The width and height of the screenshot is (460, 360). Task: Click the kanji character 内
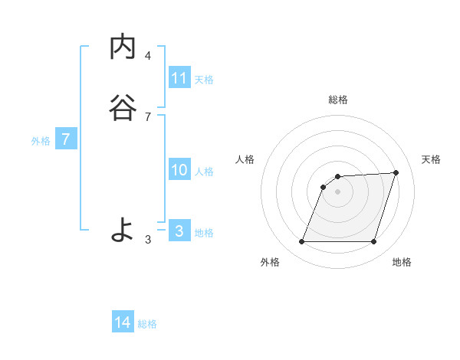123,47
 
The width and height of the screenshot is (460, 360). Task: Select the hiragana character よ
123,229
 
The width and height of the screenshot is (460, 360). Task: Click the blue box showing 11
179,78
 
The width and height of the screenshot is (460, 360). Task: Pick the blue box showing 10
179,171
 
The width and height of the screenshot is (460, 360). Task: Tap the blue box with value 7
66,140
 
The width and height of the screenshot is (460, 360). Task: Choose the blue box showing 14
123,322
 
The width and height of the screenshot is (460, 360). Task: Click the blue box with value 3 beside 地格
179,231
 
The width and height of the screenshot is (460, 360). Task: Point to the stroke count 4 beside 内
148,55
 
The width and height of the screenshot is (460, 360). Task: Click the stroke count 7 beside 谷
148,116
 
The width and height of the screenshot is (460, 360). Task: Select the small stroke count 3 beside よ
148,240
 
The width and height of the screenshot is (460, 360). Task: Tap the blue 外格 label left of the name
41,141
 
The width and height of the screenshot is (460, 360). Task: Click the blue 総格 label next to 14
147,324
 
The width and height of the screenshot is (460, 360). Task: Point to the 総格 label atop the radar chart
338,100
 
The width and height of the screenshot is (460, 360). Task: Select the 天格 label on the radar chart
432,159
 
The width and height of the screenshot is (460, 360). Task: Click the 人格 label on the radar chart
245,159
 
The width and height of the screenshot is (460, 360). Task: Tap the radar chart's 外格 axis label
270,263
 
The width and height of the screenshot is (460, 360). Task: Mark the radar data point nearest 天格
396,172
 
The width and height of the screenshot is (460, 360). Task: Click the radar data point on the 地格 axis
373,242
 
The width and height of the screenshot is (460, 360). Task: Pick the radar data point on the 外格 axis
301,242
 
